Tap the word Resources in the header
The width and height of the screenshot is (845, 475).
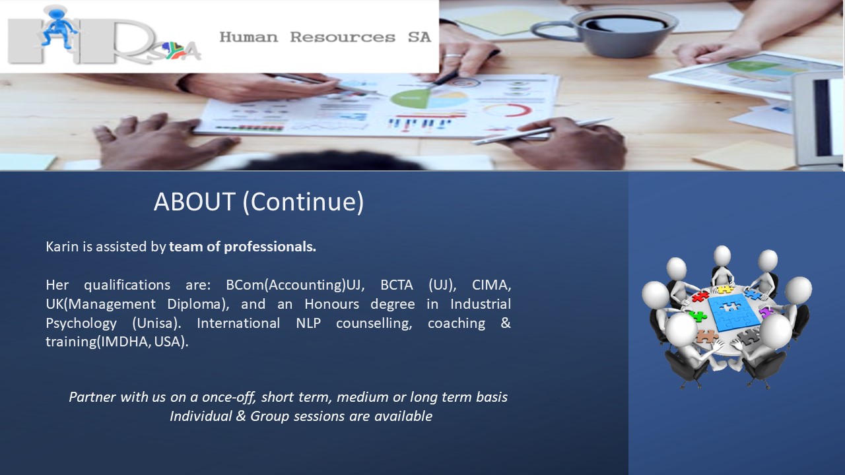click(343, 37)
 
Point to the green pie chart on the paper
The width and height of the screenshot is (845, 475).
click(410, 99)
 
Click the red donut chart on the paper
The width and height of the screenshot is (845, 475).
click(508, 110)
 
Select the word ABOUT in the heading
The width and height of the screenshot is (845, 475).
click(195, 202)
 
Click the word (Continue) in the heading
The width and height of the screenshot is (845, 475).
click(303, 203)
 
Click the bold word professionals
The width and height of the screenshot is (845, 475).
click(270, 247)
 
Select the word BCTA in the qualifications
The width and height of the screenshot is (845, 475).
click(397, 285)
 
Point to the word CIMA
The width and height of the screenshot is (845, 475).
click(492, 286)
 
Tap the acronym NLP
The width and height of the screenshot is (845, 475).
click(308, 323)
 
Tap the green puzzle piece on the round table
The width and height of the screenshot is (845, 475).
click(698, 316)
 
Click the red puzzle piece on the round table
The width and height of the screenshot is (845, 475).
click(701, 297)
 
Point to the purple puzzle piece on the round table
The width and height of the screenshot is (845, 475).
click(766, 313)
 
